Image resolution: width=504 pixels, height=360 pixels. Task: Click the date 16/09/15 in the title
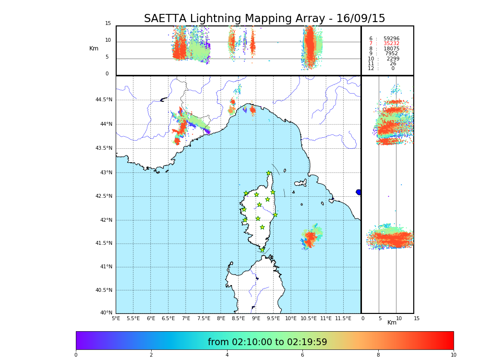[360, 19]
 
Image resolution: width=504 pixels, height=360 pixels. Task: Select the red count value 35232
[391, 44]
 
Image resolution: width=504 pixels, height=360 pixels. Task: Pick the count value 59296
[391, 38]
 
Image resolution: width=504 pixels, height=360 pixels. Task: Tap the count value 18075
[391, 48]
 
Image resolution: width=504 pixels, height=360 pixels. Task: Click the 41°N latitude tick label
[106, 267]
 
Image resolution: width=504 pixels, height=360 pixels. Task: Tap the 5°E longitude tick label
[116, 319]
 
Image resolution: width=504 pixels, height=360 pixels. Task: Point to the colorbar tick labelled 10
[453, 355]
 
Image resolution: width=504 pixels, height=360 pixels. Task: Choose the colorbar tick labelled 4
[227, 355]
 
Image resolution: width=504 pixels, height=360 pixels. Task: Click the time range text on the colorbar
[267, 342]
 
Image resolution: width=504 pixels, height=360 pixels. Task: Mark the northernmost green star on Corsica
[269, 173]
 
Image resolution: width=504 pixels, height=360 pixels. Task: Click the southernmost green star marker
[262, 250]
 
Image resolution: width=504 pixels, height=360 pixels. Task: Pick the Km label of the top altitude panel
[94, 48]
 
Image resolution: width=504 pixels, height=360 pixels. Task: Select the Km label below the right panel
[392, 323]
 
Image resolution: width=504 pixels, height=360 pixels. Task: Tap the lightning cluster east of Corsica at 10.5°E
[311, 237]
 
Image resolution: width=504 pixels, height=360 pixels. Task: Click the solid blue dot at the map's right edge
[359, 192]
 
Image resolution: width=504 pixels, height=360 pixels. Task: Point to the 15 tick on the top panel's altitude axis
[108, 24]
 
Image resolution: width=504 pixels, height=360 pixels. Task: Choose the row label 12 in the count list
[371, 69]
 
